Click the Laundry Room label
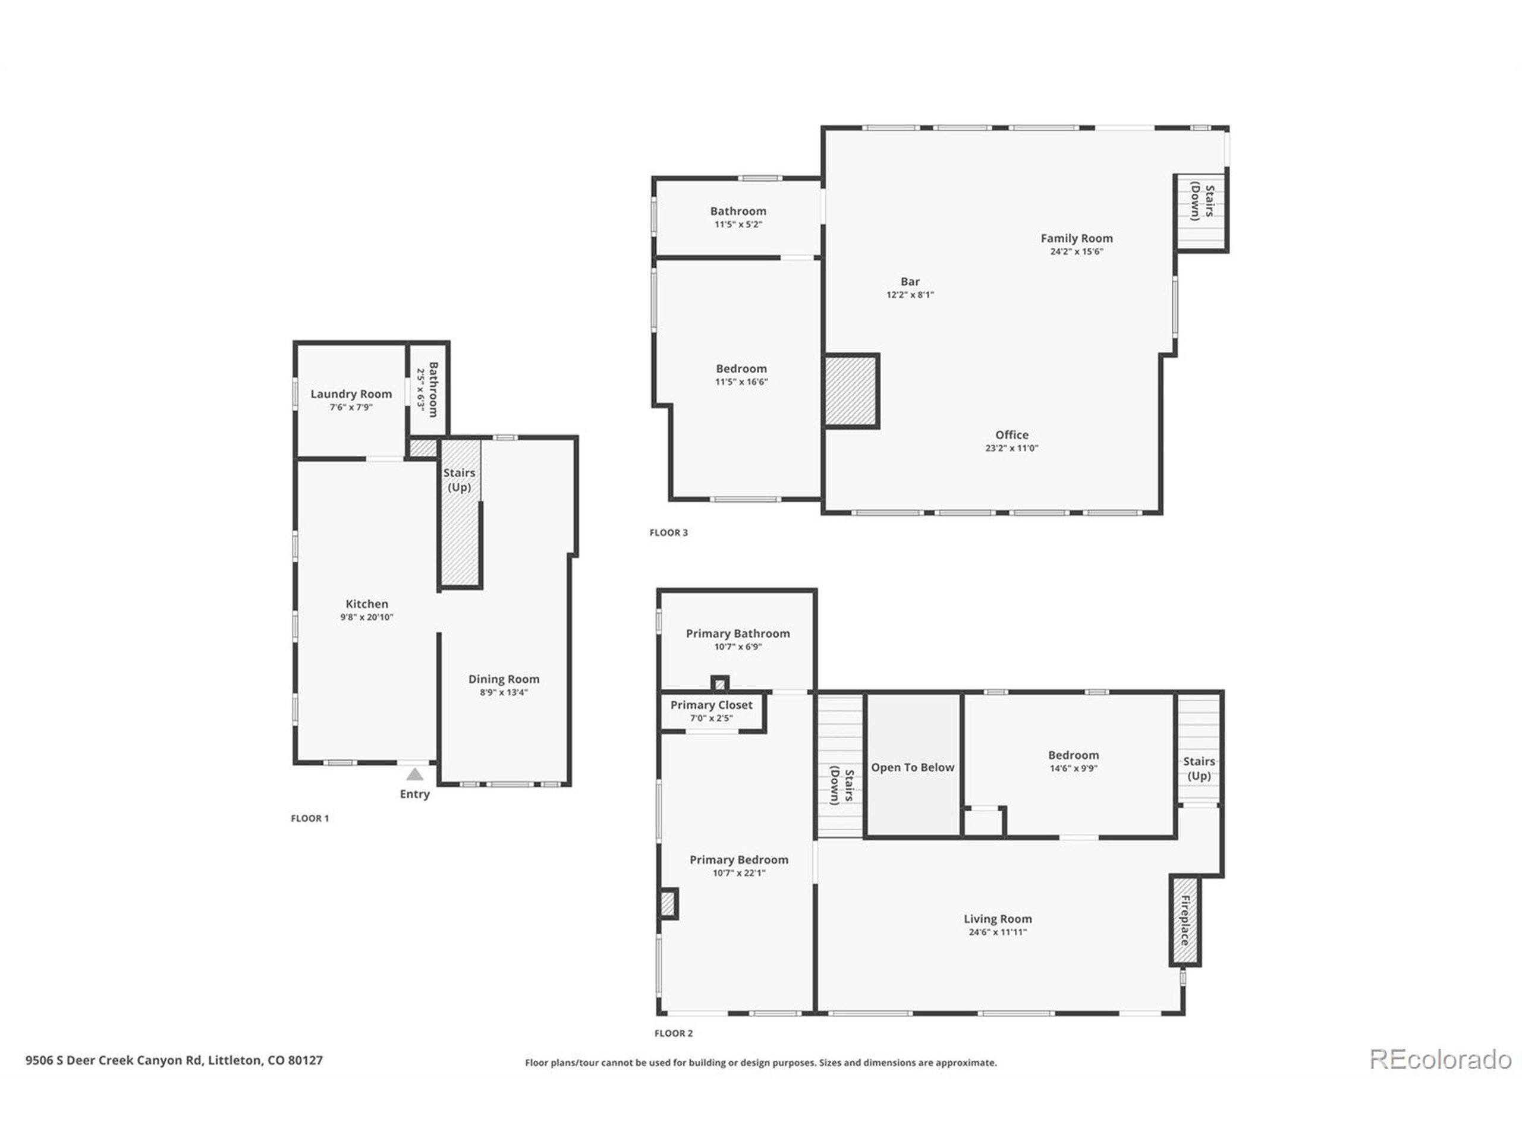click(x=351, y=394)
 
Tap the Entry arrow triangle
click(x=414, y=774)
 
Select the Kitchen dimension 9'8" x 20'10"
click(x=367, y=617)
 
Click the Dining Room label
click(x=504, y=679)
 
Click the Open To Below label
click(x=913, y=768)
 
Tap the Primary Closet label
click(x=712, y=705)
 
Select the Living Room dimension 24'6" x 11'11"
click(x=997, y=932)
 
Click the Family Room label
click(x=1076, y=238)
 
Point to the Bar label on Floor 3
click(x=910, y=281)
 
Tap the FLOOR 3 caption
click(x=668, y=532)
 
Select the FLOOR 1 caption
click(x=310, y=818)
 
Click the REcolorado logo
click(x=1440, y=1058)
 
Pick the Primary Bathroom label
click(x=738, y=633)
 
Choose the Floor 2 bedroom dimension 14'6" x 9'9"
click(x=1073, y=768)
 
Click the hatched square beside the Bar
click(x=851, y=390)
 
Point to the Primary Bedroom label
click(x=739, y=860)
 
